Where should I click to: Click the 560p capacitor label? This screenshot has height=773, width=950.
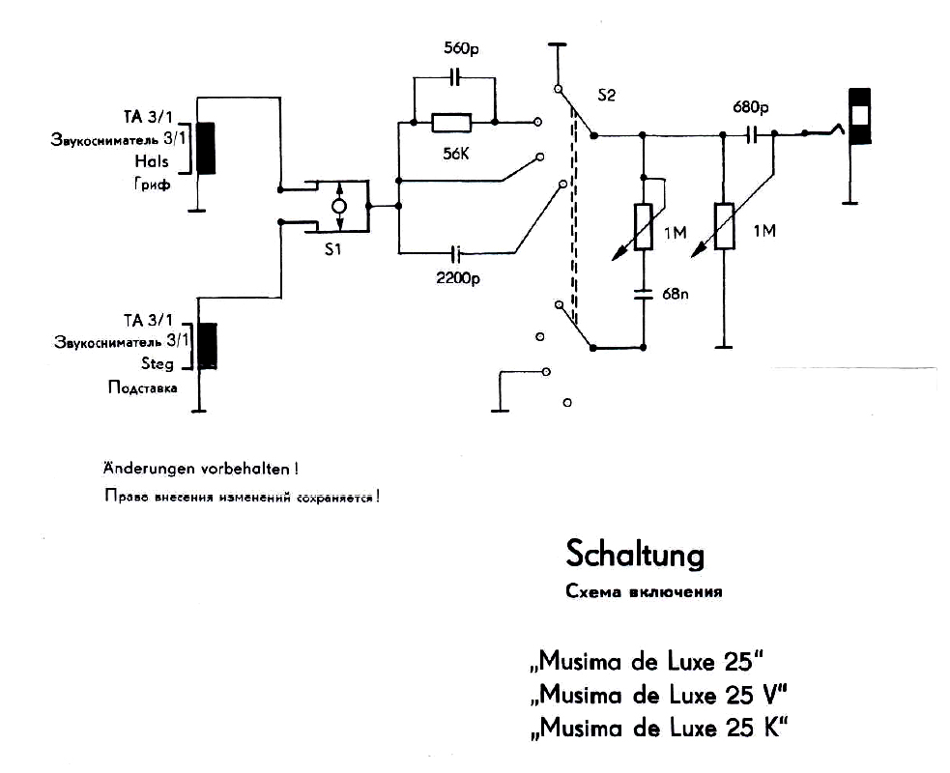pos(461,48)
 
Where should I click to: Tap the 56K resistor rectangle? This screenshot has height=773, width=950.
pos(451,123)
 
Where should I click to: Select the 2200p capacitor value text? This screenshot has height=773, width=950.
pos(458,278)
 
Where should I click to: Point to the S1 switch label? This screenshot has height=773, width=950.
pos(332,249)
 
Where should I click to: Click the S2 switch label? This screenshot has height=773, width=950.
pos(606,96)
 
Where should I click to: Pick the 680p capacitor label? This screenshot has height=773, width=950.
pos(751,108)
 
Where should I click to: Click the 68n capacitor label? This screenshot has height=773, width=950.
pos(675,295)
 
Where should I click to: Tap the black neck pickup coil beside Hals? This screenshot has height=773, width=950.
pos(206,149)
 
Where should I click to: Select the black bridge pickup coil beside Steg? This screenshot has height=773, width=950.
pos(207,347)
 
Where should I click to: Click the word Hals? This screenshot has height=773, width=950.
pos(152,161)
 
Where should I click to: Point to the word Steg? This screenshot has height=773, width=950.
pos(158,363)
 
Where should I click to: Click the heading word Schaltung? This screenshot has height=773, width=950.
pos(635,555)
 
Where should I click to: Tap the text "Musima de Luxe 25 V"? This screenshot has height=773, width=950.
pos(659,694)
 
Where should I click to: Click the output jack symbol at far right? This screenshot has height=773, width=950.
pos(859,116)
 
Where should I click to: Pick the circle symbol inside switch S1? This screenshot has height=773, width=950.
pos(339,207)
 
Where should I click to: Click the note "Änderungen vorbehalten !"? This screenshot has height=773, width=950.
pos(201,469)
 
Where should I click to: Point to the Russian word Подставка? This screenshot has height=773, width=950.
pos(143,387)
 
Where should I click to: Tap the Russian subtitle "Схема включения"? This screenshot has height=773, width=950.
pos(644,592)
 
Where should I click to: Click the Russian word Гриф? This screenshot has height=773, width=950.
pos(152,185)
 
